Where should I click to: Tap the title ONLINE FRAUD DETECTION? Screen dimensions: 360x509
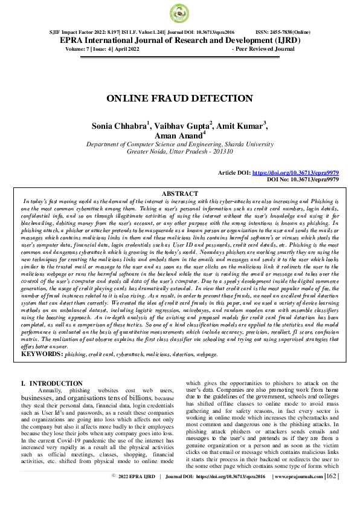(x=179, y=98)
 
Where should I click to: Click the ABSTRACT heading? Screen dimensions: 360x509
(x=179, y=193)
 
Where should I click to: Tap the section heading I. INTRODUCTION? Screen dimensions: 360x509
(x=51, y=383)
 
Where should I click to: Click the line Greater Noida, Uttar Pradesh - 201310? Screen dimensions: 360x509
(x=179, y=153)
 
